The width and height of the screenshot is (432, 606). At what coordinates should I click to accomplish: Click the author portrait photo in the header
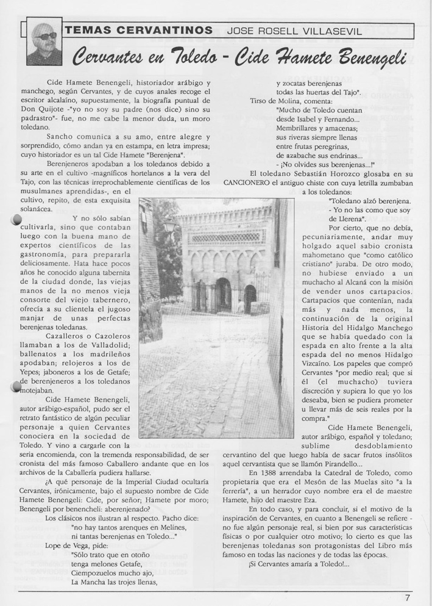[44, 42]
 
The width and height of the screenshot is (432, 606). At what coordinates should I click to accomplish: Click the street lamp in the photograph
[168, 229]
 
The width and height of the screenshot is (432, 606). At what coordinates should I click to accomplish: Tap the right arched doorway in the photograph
[249, 297]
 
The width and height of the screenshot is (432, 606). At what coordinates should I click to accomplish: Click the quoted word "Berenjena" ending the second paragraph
[165, 155]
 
